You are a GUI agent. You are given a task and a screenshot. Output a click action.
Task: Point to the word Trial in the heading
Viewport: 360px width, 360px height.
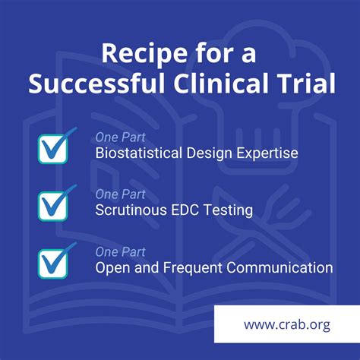pos(308,84)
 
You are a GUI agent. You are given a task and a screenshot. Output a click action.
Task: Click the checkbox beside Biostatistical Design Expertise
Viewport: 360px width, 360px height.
pos(53,148)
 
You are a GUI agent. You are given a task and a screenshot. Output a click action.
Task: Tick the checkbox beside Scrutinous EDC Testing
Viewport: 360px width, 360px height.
pos(53,204)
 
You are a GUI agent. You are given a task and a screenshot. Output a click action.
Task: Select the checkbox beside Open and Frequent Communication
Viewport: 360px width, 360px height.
pos(53,262)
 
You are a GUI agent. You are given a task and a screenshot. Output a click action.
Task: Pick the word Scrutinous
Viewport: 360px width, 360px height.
pos(129,210)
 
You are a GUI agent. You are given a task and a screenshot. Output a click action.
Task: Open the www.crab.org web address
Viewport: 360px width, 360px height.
pos(286,324)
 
